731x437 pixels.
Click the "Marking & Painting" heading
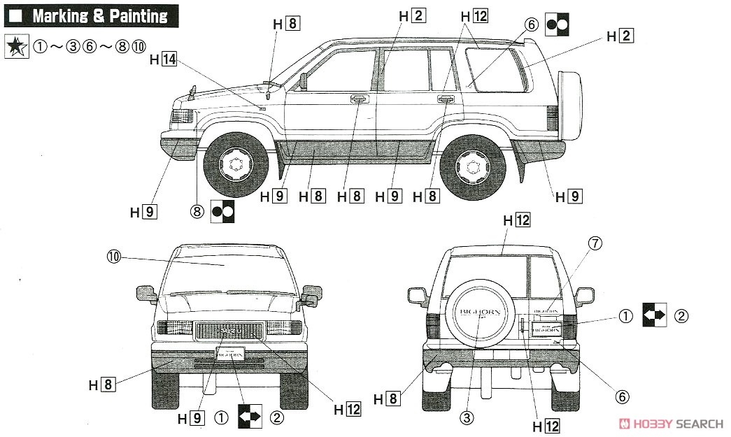point(99,15)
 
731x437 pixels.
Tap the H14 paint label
point(163,59)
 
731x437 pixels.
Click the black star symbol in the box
point(16,47)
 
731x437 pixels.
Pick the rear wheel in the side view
point(473,166)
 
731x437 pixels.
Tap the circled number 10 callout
point(114,257)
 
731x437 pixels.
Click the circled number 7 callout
point(595,243)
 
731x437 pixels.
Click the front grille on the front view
point(229,330)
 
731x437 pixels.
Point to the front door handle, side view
point(358,100)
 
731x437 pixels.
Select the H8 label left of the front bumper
point(101,384)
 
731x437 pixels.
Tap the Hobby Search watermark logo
point(671,423)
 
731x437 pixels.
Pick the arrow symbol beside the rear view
point(655,316)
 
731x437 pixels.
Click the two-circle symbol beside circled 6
point(558,24)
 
